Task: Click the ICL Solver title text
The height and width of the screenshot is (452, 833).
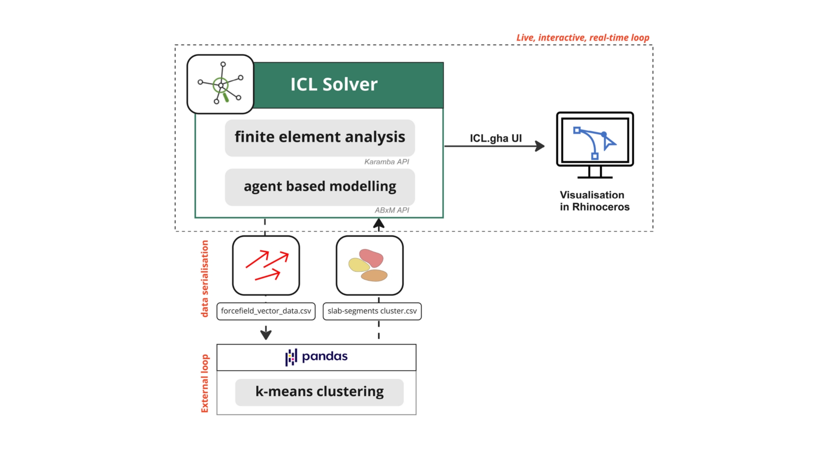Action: pyautogui.click(x=334, y=84)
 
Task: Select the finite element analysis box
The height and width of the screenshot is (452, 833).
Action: pyautogui.click(x=320, y=138)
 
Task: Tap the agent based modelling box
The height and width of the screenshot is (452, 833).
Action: pyautogui.click(x=320, y=187)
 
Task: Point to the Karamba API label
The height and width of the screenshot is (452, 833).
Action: pyautogui.click(x=387, y=162)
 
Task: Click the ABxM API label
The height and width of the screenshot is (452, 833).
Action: pyautogui.click(x=392, y=211)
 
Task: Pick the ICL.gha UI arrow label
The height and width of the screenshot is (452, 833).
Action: pyautogui.click(x=496, y=138)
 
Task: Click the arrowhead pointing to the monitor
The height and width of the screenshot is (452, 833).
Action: pyautogui.click(x=540, y=146)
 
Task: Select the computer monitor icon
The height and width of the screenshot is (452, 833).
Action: pyautogui.click(x=595, y=145)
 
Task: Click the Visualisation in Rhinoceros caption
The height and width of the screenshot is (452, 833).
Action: pyautogui.click(x=594, y=201)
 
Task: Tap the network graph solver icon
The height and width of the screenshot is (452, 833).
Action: pyautogui.click(x=220, y=84)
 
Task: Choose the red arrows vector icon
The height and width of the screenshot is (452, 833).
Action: pyautogui.click(x=266, y=266)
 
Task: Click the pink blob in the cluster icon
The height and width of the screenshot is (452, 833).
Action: pyautogui.click(x=371, y=258)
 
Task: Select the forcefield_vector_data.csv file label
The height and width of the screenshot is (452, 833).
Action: pyautogui.click(x=266, y=311)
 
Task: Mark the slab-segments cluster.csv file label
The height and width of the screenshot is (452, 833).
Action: pyautogui.click(x=372, y=311)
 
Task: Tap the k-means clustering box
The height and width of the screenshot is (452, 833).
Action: pyautogui.click(x=319, y=392)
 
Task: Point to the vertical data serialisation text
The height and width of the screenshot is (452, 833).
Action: pyautogui.click(x=205, y=279)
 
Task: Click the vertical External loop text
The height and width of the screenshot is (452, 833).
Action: pyautogui.click(x=205, y=383)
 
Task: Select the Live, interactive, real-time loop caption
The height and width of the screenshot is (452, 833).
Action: pyautogui.click(x=583, y=38)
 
